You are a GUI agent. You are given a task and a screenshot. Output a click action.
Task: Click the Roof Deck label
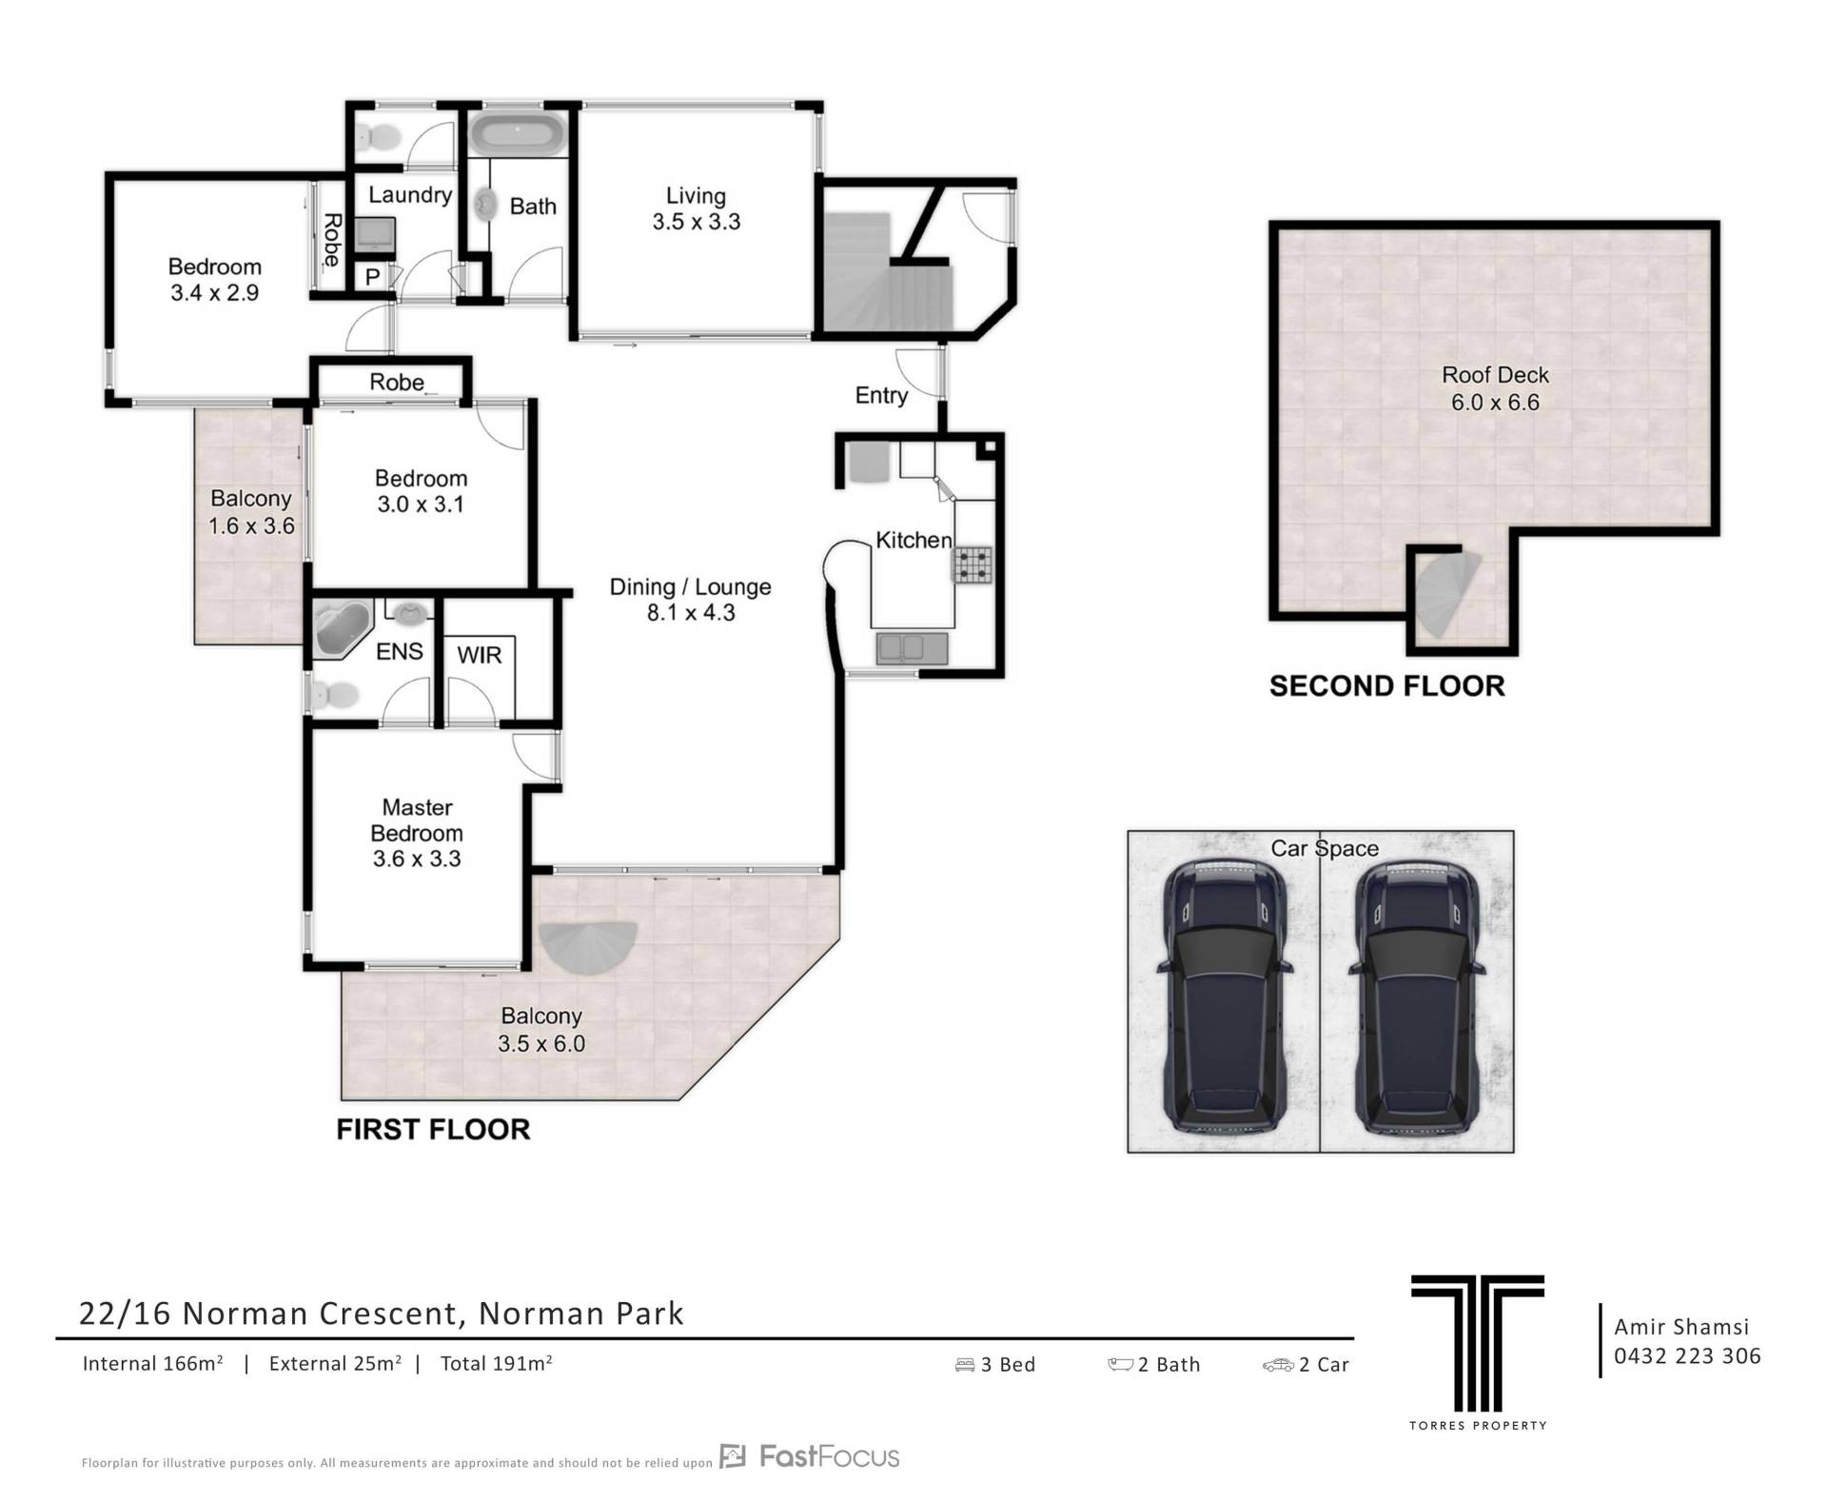pyautogui.click(x=1495, y=375)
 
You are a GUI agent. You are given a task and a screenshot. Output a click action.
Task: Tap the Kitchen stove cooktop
pyautogui.click(x=972, y=563)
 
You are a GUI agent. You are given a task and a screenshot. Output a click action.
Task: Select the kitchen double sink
pyautogui.click(x=912, y=648)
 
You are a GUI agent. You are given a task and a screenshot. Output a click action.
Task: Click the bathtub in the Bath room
pyautogui.click(x=518, y=132)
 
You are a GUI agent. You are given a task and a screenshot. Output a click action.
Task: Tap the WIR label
pyautogui.click(x=479, y=655)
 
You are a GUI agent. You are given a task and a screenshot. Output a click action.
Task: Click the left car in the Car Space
pyautogui.click(x=1224, y=996)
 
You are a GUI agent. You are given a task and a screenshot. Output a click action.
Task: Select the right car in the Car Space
pyautogui.click(x=1416, y=996)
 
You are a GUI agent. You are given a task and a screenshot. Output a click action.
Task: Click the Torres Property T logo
pyautogui.click(x=1477, y=1343)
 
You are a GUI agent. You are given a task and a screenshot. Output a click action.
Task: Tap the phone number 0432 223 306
pyautogui.click(x=1687, y=1356)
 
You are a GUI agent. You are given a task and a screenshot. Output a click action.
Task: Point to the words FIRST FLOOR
pyautogui.click(x=433, y=1130)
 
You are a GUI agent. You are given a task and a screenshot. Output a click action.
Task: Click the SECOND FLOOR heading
pyautogui.click(x=1387, y=686)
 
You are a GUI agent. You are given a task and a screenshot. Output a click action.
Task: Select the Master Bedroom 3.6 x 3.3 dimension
pyautogui.click(x=417, y=859)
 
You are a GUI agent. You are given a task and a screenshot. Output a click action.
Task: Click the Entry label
pyautogui.click(x=881, y=396)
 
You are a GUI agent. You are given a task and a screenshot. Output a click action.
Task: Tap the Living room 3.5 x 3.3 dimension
pyautogui.click(x=697, y=222)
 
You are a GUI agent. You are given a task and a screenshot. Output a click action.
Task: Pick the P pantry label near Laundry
pyautogui.click(x=372, y=277)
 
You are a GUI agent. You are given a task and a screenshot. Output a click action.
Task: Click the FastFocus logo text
pyautogui.click(x=829, y=1456)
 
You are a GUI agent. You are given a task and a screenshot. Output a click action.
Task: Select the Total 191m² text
pyautogui.click(x=497, y=1363)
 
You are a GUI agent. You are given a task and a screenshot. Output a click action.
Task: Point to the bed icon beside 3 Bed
pyautogui.click(x=965, y=1365)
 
